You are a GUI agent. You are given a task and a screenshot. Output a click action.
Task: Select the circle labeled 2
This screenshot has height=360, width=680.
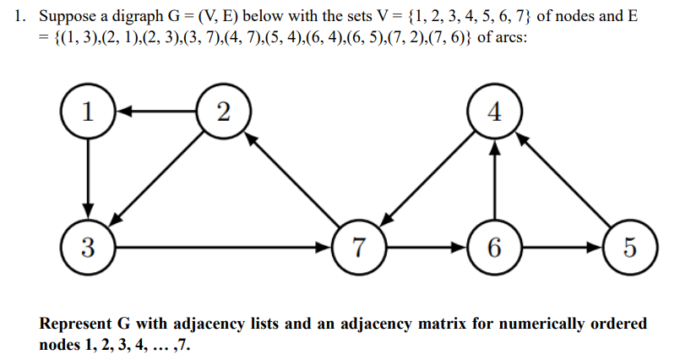point(221,112)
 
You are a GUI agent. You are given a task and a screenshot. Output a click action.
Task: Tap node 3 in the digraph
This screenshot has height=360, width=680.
point(88,248)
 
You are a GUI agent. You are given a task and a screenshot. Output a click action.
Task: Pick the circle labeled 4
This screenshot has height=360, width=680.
point(496,112)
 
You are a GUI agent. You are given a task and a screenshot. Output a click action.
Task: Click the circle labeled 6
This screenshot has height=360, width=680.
point(496,248)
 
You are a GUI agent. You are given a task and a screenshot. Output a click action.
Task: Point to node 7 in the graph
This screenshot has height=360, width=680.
point(360,248)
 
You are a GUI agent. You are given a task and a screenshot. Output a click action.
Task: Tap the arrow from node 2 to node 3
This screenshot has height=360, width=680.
point(155,180)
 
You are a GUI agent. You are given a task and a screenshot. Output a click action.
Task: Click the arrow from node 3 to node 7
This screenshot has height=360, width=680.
point(224,248)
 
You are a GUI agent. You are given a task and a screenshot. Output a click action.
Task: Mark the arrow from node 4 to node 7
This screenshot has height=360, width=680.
point(427,180)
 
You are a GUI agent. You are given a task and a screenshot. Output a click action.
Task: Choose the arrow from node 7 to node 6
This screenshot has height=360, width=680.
point(427,248)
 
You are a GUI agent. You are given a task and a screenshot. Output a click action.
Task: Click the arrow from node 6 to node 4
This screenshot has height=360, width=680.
point(496,180)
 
